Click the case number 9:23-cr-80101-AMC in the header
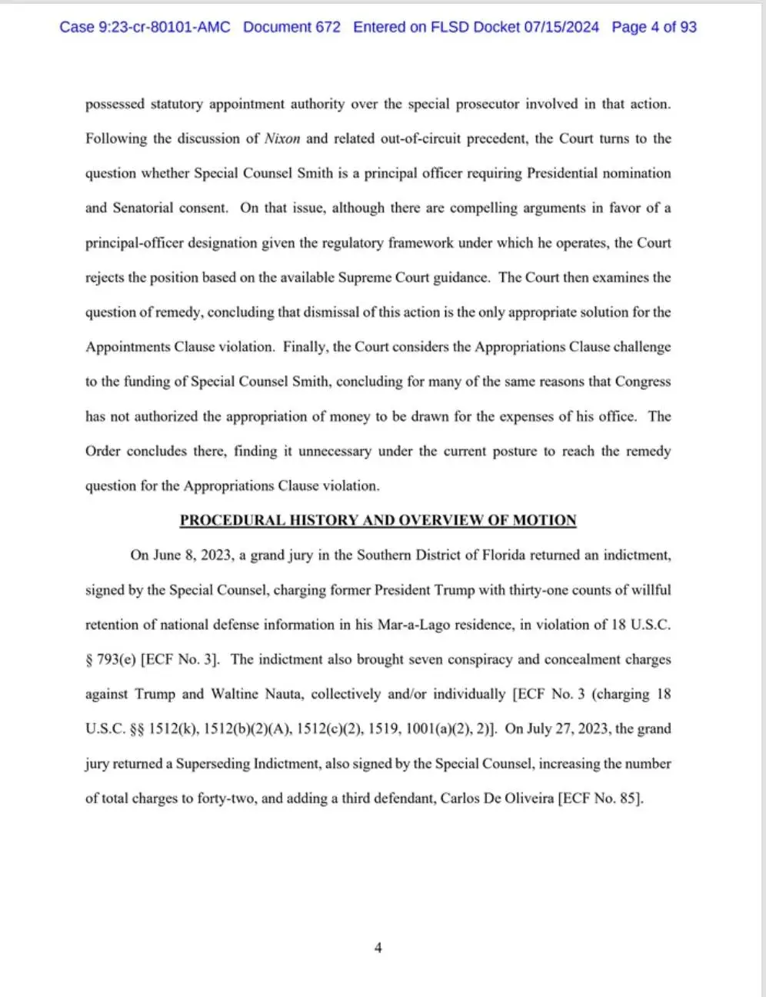tap(145, 27)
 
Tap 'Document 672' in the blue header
tap(291, 27)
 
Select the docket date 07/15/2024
tap(561, 27)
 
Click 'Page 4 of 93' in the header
tap(654, 27)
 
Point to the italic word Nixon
tap(282, 139)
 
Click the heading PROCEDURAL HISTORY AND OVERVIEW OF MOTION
tap(378, 520)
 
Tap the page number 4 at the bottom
tap(378, 948)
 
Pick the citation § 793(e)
tap(111, 659)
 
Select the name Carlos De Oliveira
tap(497, 799)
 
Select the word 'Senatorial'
tap(149, 208)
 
